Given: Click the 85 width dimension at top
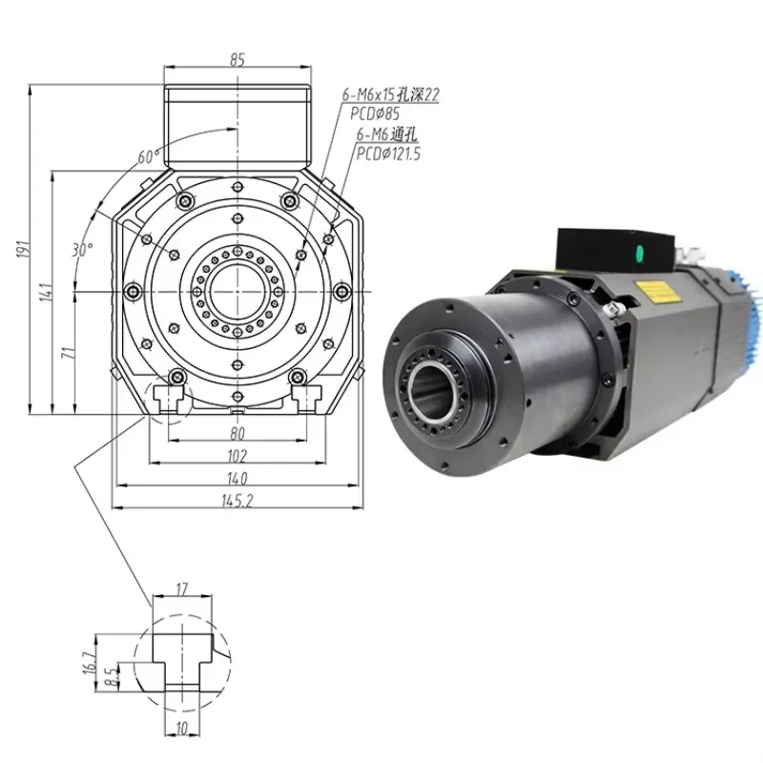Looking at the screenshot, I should tap(237, 59).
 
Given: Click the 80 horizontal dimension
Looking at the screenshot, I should tap(237, 434).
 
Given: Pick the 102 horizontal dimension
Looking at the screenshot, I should tap(237, 455).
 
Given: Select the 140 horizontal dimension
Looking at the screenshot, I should tap(237, 478).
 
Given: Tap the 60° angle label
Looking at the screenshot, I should tap(145, 157).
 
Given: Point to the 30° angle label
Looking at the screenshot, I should tap(83, 250).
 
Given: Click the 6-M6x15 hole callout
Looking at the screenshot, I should tap(391, 95).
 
